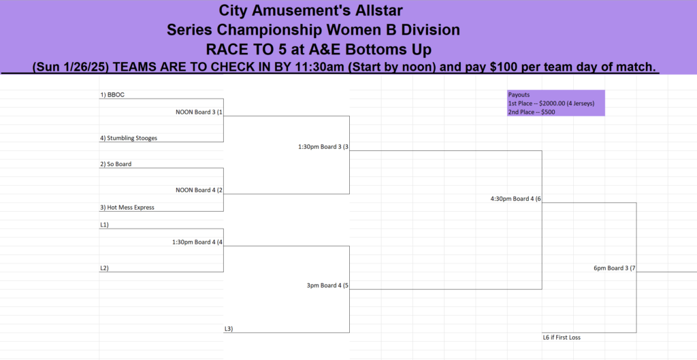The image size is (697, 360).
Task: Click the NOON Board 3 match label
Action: point(199,112)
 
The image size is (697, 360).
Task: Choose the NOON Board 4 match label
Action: point(199,191)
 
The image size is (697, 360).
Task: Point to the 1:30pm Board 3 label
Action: point(323,147)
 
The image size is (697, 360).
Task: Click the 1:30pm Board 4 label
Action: point(197,242)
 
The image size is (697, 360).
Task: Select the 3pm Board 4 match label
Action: point(327,285)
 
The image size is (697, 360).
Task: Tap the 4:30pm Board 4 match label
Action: point(516,199)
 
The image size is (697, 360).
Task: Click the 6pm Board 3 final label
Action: point(615,268)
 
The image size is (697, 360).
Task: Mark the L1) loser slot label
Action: point(104,225)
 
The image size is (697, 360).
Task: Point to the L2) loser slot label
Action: point(104,268)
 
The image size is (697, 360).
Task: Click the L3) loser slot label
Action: point(229,329)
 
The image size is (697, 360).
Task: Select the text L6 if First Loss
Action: point(562,338)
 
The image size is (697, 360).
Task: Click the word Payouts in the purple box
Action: point(519,95)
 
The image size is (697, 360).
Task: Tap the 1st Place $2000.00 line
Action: point(551,103)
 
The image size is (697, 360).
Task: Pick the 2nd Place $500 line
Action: point(532,112)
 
